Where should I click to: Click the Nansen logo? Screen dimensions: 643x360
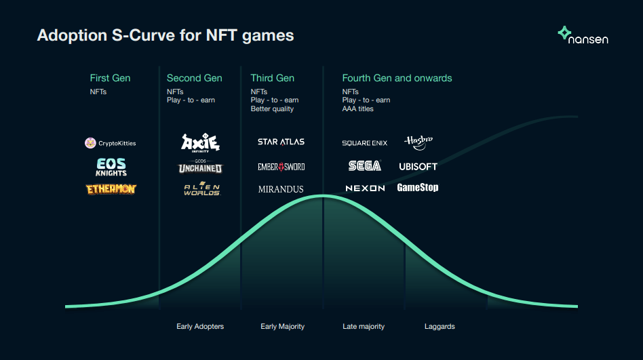click(583, 35)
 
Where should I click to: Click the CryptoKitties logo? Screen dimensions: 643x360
click(111, 143)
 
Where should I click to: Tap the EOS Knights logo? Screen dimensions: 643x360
click(111, 167)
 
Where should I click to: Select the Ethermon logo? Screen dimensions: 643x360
click(111, 189)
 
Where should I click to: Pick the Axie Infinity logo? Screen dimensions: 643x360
click(201, 143)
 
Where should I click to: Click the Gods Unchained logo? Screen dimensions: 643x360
click(200, 167)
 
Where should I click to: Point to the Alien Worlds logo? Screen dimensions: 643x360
click(202, 188)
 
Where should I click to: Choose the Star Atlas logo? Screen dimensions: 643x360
click(281, 142)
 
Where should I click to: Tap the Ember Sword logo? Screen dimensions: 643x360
click(281, 167)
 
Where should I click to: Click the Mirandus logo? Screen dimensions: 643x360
click(281, 189)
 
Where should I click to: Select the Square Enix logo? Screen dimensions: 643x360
click(364, 143)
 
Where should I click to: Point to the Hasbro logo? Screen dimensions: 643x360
click(418, 142)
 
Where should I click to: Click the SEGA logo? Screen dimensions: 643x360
click(364, 165)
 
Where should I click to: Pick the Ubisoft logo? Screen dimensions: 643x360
click(418, 167)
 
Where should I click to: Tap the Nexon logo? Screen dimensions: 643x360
click(365, 188)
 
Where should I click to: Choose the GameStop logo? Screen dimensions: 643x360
click(417, 187)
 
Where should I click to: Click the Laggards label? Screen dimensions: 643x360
click(440, 326)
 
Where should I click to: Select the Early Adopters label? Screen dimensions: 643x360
click(200, 326)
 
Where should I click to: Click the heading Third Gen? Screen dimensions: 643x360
click(272, 78)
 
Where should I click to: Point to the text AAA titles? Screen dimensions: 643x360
click(357, 108)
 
